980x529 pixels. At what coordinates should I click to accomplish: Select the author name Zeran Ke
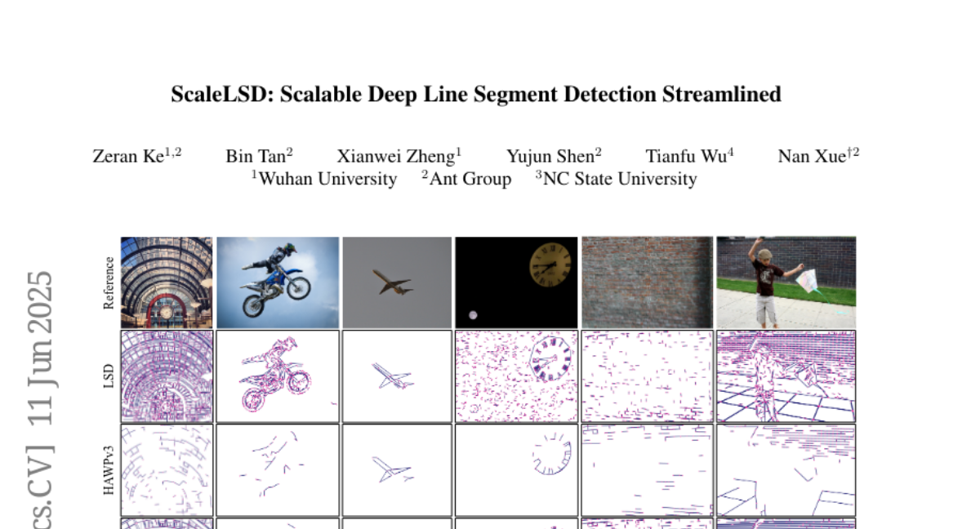point(128,157)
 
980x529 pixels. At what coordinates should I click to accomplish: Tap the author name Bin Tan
point(256,157)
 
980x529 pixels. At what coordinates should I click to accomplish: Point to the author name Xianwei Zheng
point(396,157)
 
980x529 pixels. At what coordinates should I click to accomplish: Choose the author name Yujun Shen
point(550,157)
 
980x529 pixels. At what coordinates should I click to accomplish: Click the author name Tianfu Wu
point(686,157)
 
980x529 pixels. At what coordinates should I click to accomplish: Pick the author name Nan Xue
point(812,157)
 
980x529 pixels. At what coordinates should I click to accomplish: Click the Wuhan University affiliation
point(327,179)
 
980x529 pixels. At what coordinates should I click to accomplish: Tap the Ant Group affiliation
point(470,179)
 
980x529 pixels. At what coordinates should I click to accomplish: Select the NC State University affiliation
point(620,179)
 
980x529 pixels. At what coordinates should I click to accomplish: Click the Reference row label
point(108,282)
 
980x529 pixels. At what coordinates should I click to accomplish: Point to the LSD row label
point(108,376)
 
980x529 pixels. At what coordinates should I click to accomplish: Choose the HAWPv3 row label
point(108,470)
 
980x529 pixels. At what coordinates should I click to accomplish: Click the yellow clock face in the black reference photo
point(550,265)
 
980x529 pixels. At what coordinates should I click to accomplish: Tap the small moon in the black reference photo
point(473,315)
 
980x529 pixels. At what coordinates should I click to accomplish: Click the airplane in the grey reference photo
point(393,282)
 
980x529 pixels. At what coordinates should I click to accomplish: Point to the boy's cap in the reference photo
point(764,254)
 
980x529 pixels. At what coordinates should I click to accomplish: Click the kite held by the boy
point(807,282)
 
